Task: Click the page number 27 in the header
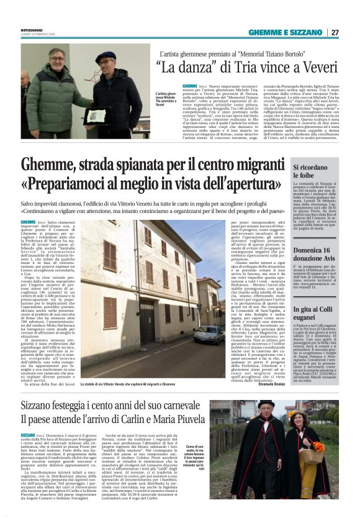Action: coord(335,33)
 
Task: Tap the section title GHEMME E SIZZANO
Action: coord(286,33)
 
